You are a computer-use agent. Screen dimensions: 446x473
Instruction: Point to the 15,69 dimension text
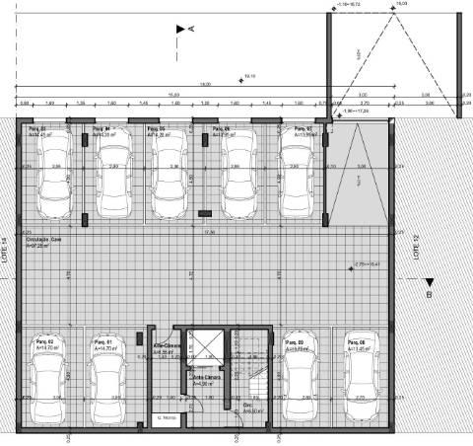pyautogui.click(x=172, y=95)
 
